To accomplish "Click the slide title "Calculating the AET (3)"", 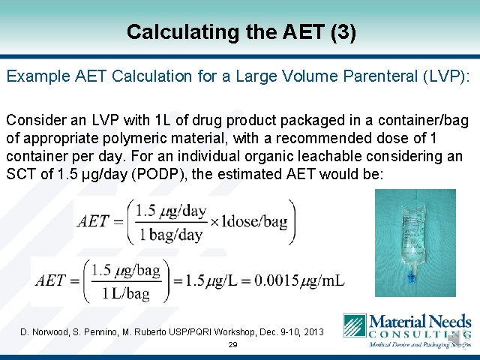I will [x=240, y=32].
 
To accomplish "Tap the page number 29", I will [x=232, y=346].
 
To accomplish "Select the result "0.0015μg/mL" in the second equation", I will [x=301, y=280].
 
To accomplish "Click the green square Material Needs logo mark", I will [x=354, y=325].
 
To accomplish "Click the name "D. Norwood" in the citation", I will [x=44, y=331].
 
